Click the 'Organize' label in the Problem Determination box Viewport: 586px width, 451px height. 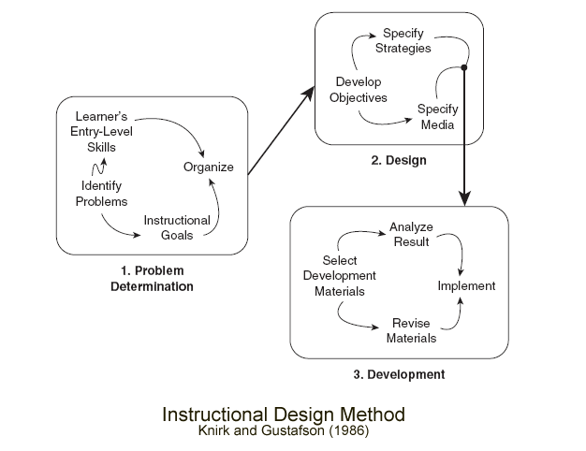pos(208,168)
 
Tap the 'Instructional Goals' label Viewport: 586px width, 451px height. pos(176,227)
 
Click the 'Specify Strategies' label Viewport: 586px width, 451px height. pos(403,41)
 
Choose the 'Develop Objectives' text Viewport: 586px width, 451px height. pos(360,90)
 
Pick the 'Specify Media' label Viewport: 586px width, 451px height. pos(436,115)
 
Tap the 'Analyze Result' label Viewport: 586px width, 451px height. pos(409,235)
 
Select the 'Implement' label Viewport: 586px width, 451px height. pos(466,285)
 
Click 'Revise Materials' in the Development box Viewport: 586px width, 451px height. pos(411,330)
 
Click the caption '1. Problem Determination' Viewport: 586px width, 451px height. pos(152,279)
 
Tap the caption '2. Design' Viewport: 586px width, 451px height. pos(398,160)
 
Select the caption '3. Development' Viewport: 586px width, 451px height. pos(399,375)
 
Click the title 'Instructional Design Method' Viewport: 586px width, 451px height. pos(283,413)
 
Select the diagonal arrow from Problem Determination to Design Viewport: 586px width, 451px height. pos(283,129)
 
